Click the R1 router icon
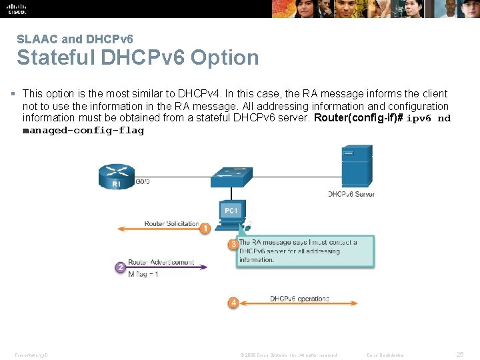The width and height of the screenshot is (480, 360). (x=116, y=176)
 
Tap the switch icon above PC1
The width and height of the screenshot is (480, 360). (x=231, y=176)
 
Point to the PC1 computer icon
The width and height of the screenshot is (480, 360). (x=232, y=212)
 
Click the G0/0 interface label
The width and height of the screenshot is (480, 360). (x=143, y=181)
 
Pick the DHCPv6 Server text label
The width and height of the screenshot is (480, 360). (x=351, y=194)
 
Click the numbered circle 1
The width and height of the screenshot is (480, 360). (x=205, y=229)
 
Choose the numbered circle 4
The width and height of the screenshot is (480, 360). (x=233, y=303)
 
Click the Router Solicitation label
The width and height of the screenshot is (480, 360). (x=171, y=223)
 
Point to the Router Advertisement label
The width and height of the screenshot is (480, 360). (x=161, y=262)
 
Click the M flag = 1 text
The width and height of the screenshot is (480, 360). (x=143, y=274)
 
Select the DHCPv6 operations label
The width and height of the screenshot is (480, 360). (x=299, y=299)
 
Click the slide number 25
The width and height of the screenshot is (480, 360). (x=460, y=355)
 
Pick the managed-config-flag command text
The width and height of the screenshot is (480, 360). (x=83, y=131)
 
